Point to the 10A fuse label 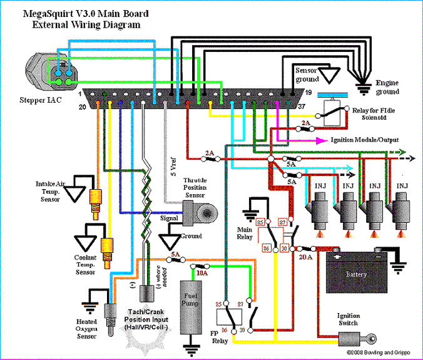tap(201, 273)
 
